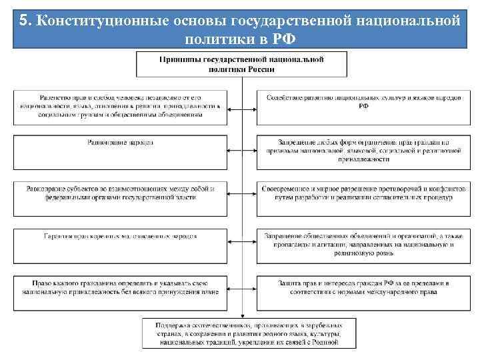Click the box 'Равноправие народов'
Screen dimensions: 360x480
coord(121,149)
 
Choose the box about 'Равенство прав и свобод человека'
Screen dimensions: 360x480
coord(121,106)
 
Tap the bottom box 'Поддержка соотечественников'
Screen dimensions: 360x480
coord(241,333)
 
